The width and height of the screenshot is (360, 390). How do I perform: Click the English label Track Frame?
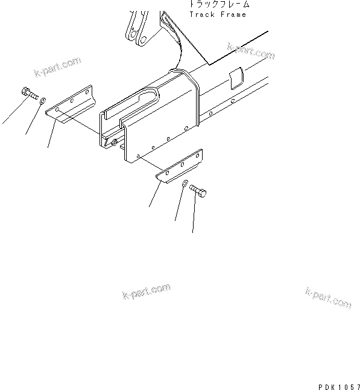218,14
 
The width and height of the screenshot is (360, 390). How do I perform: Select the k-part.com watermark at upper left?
57,66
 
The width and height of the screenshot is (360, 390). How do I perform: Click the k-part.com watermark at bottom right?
327,297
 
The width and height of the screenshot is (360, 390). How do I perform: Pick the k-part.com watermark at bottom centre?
146,292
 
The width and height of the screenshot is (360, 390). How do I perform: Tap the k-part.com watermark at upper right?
250,51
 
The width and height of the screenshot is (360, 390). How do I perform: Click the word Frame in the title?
235,14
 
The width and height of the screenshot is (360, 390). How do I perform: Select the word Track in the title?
201,14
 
